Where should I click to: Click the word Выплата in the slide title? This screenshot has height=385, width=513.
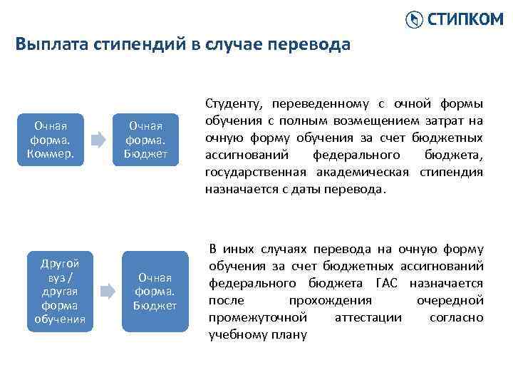46,45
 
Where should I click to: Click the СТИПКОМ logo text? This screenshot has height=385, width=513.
465,19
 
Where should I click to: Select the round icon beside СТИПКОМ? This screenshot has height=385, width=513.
414,20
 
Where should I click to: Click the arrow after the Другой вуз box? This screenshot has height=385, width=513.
107,291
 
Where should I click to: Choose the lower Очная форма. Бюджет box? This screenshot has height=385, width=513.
155,291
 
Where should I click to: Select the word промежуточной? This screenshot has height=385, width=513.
257,317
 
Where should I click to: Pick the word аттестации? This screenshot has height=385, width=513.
368,317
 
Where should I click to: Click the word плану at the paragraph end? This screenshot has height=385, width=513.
289,334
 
